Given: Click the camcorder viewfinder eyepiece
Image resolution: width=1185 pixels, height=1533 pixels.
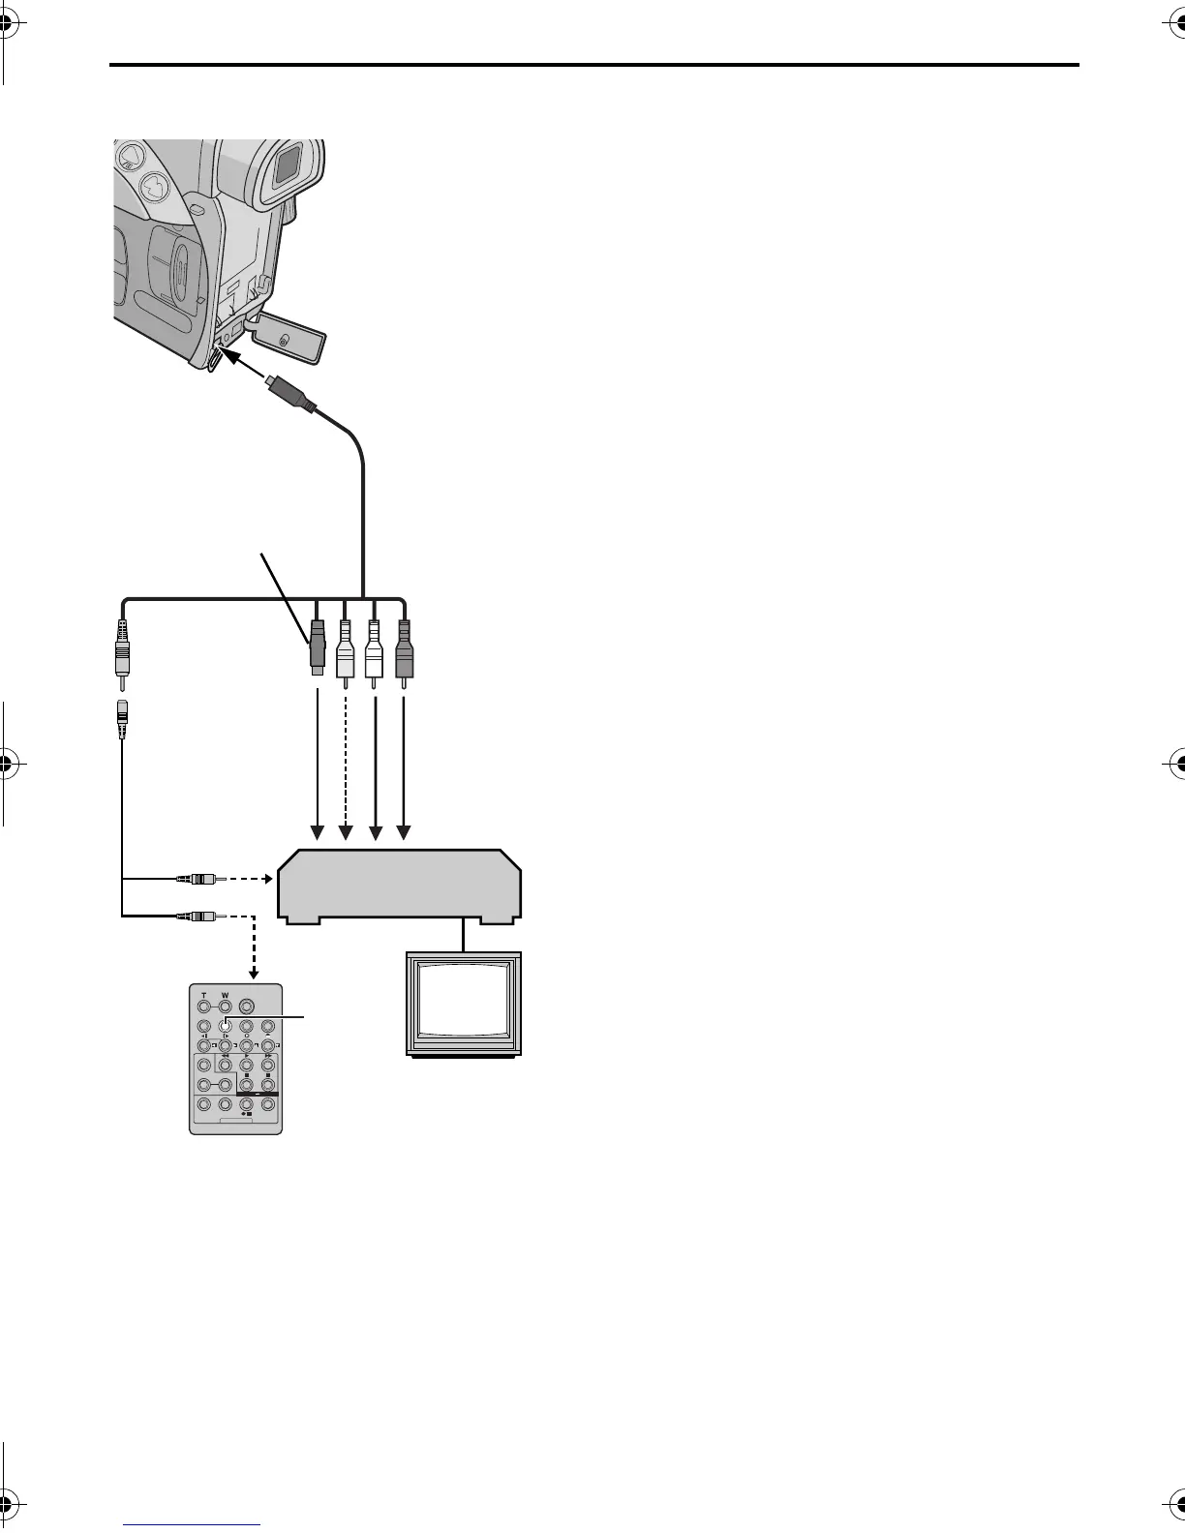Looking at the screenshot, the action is coord(286,166).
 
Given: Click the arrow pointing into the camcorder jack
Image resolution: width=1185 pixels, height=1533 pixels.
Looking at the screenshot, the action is coord(242,365).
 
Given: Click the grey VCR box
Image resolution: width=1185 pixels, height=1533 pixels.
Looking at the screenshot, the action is coord(399,883).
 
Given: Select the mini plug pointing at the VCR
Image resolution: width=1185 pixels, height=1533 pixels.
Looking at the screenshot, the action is coord(199,880).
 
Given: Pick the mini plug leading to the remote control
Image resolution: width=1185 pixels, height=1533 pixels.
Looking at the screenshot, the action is coord(199,914).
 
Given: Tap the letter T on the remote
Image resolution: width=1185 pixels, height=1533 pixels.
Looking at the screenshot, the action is coord(203,994).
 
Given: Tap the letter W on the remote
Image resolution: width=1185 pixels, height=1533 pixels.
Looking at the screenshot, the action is coord(225,994).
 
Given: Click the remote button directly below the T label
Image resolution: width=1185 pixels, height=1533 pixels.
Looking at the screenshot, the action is coord(203,1007).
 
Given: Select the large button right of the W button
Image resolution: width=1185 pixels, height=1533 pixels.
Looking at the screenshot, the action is coord(248,1007).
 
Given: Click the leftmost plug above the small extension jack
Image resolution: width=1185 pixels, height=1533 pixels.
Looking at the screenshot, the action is coord(122,648).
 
